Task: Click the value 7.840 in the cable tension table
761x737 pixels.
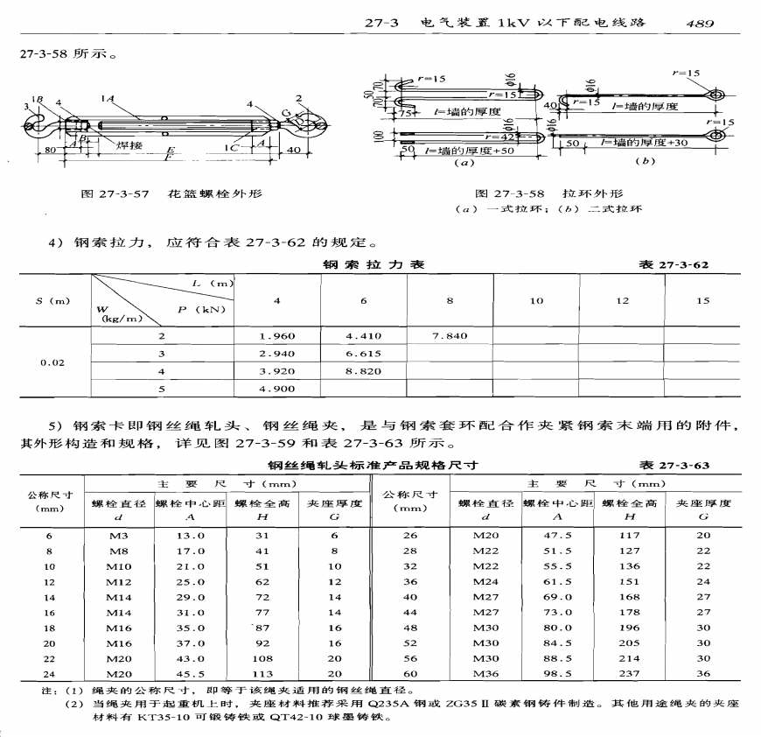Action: pyautogui.click(x=450, y=335)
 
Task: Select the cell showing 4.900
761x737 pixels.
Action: pyautogui.click(x=277, y=389)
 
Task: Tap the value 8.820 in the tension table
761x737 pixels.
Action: pyautogui.click(x=363, y=371)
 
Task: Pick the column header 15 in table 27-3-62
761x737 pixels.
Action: pyautogui.click(x=702, y=301)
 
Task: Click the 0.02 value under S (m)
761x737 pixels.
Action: pyautogui.click(x=52, y=361)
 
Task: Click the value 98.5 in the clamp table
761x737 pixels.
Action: pyautogui.click(x=558, y=674)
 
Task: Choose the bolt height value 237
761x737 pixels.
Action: pyautogui.click(x=630, y=674)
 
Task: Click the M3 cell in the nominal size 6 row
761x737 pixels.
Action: pyautogui.click(x=119, y=536)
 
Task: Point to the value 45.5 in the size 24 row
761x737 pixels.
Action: pyautogui.click(x=191, y=674)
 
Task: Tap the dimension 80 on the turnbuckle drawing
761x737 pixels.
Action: pyautogui.click(x=51, y=149)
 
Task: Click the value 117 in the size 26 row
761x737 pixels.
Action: pyautogui.click(x=630, y=536)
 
